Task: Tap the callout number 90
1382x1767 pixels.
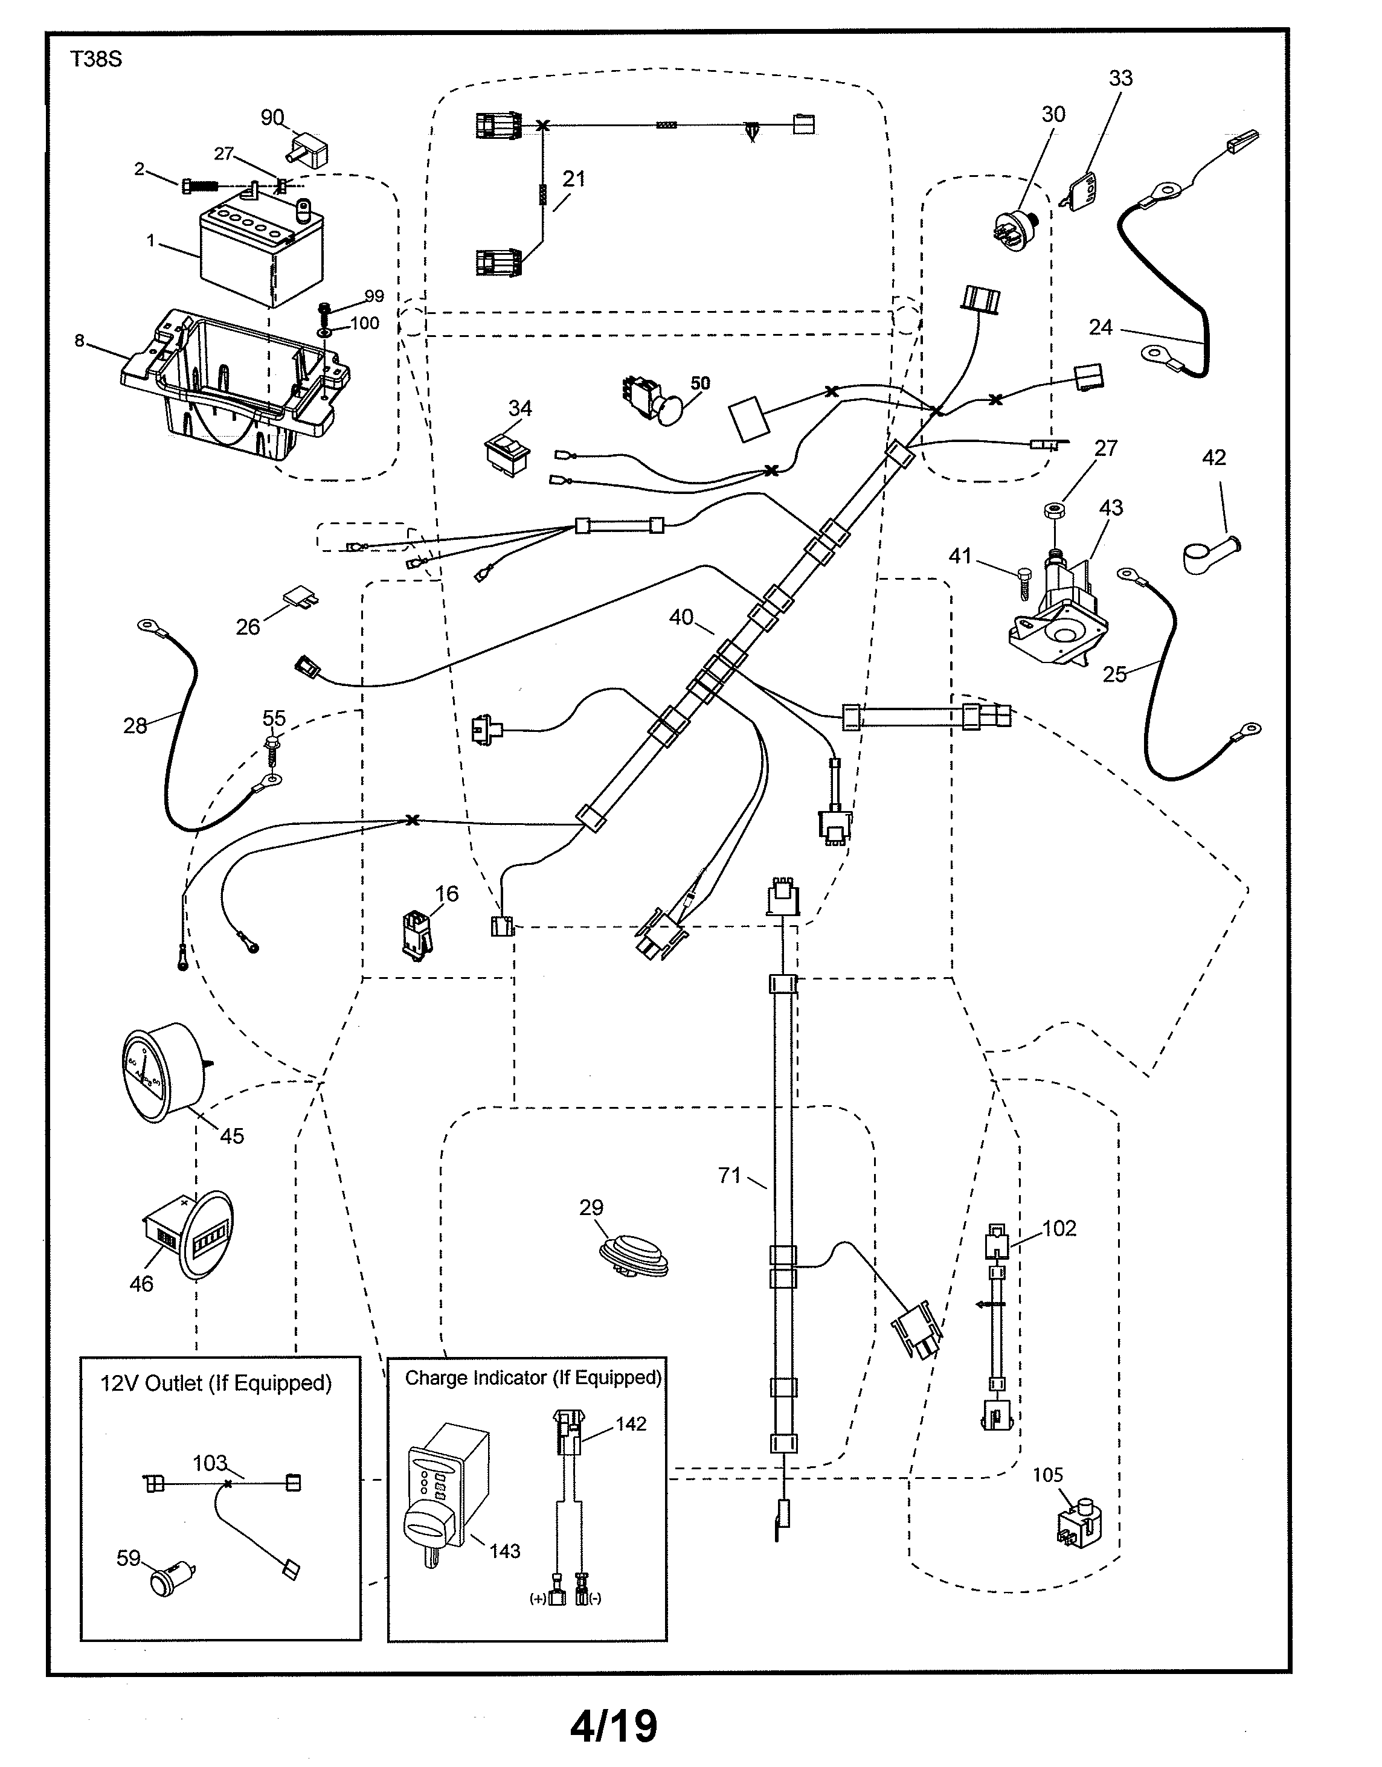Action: click(x=272, y=118)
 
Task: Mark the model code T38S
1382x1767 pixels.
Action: click(x=95, y=60)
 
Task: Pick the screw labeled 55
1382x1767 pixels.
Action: click(x=272, y=751)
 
